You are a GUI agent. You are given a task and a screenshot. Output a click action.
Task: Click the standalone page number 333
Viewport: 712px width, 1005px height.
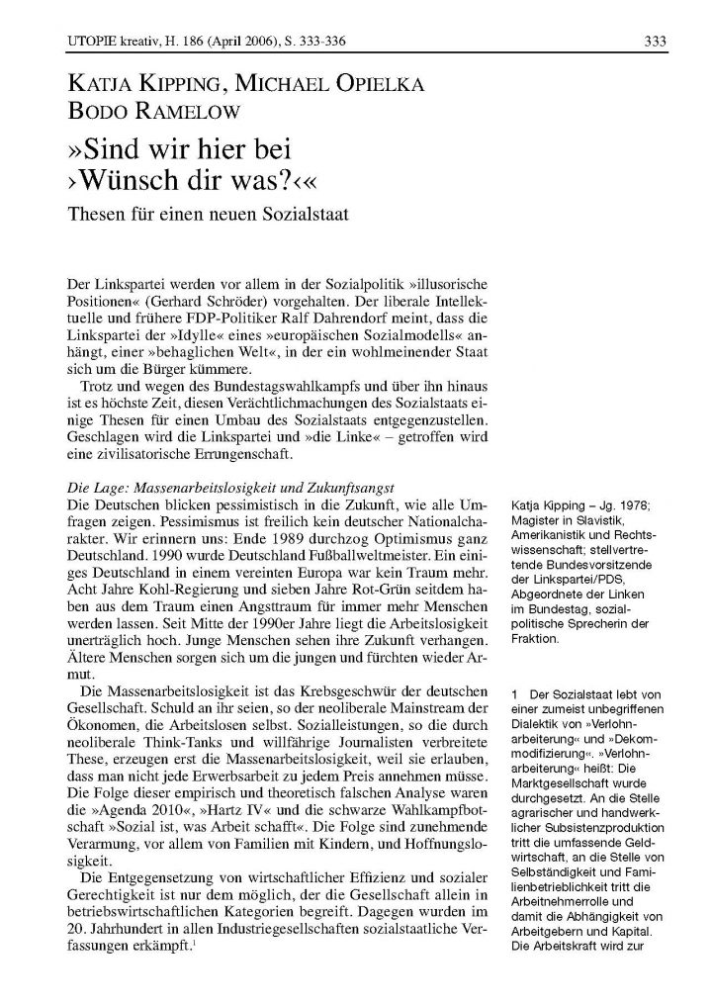coord(654,40)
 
